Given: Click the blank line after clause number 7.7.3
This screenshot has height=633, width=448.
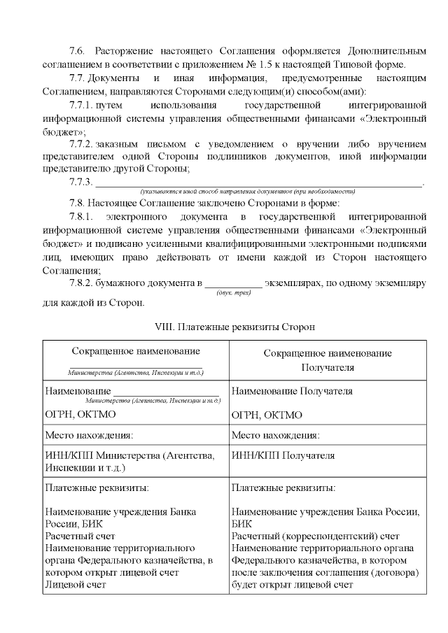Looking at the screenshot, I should (259, 183).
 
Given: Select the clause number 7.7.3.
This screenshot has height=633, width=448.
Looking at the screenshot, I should (80, 183).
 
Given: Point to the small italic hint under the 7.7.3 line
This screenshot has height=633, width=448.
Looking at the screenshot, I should (248, 191).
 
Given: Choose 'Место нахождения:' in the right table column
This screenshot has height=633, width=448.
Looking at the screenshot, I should (275, 435).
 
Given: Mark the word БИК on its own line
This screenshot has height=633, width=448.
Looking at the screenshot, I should (241, 523).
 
